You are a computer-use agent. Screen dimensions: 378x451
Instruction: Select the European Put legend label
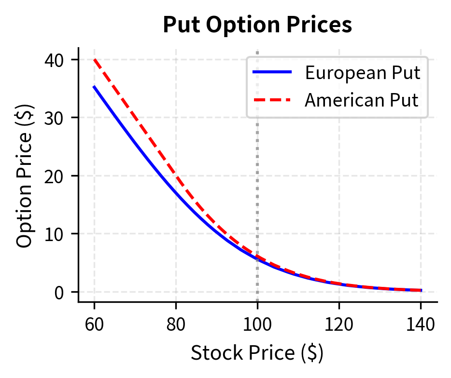pyautogui.click(x=362, y=73)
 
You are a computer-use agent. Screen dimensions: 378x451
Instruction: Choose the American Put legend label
pyautogui.click(x=361, y=100)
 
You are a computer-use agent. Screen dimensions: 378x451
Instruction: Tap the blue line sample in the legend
pyautogui.click(x=272, y=73)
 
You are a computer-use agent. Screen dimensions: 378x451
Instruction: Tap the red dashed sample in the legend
pyautogui.click(x=272, y=100)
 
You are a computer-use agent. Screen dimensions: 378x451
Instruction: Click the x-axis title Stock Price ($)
pyautogui.click(x=257, y=353)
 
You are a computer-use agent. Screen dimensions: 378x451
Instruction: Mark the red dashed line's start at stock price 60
pyautogui.click(x=94, y=60)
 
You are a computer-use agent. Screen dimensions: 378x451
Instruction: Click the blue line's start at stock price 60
pyautogui.click(x=94, y=87)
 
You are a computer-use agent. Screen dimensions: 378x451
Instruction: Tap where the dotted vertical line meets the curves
pyautogui.click(x=257, y=258)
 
